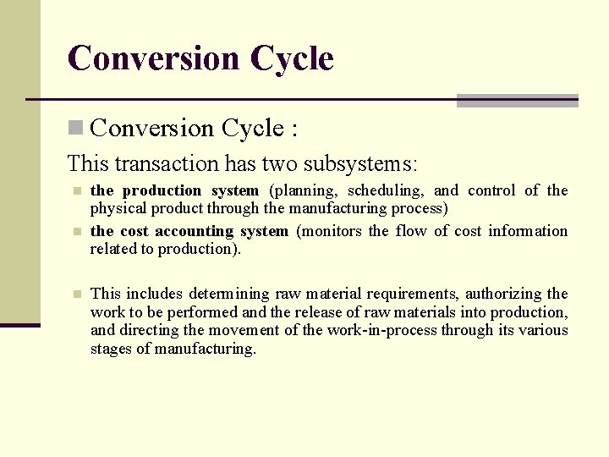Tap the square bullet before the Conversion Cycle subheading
[75, 129]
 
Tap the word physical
[117, 207]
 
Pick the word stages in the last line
[112, 349]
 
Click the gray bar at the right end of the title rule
[517, 100]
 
